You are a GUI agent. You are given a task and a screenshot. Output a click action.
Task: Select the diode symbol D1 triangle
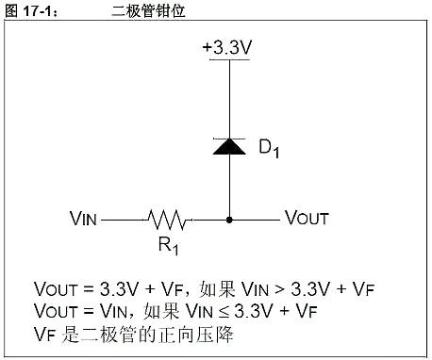pos(227,148)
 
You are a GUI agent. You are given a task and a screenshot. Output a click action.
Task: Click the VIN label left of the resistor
pos(83,219)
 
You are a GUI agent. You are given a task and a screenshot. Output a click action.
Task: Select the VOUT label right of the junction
pos(307,219)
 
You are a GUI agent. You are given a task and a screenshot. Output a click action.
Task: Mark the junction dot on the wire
pos(227,220)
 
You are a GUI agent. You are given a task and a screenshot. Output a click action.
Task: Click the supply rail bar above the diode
pos(227,59)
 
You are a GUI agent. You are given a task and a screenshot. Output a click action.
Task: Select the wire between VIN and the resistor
pos(123,220)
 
